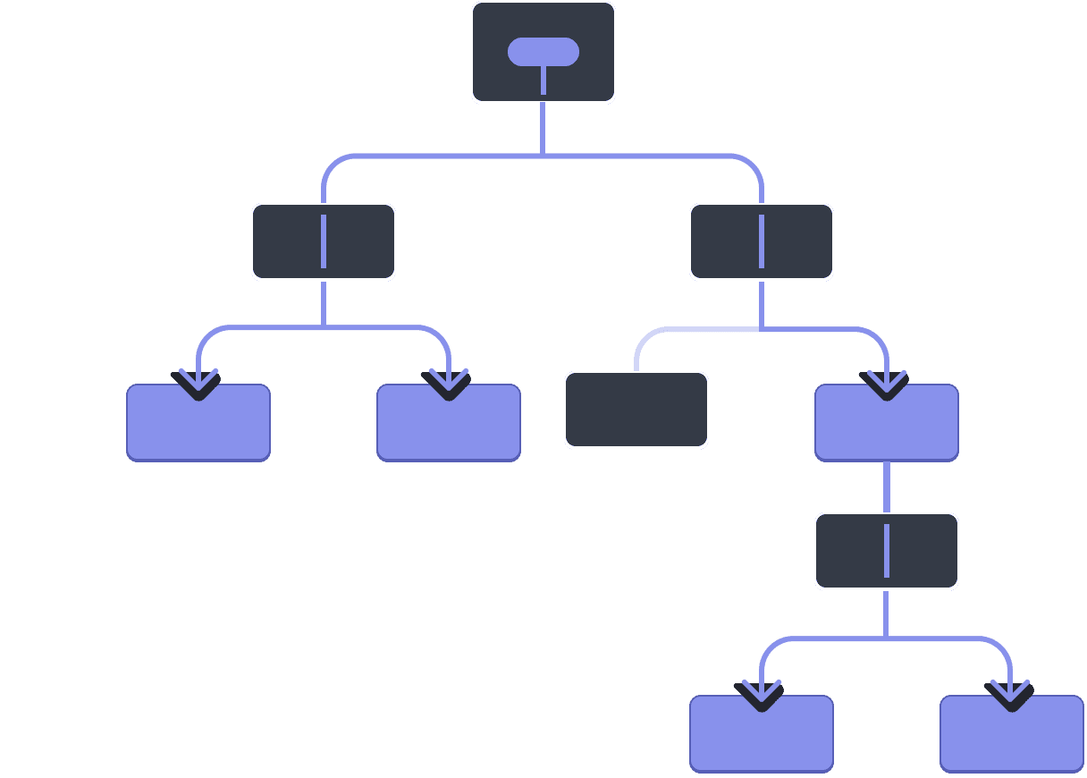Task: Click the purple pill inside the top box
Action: click(x=543, y=52)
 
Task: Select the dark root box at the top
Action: click(x=501, y=76)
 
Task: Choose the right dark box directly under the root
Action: click(x=796, y=242)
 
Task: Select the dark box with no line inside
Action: click(x=636, y=410)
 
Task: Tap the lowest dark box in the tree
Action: click(x=849, y=551)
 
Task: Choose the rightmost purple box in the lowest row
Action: click(x=1012, y=738)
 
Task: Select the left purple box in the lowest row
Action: click(x=762, y=738)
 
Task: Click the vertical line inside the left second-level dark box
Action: click(x=324, y=241)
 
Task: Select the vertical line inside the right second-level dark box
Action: click(x=762, y=241)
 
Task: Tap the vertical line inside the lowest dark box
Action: click(x=887, y=551)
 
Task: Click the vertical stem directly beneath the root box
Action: click(x=543, y=130)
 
